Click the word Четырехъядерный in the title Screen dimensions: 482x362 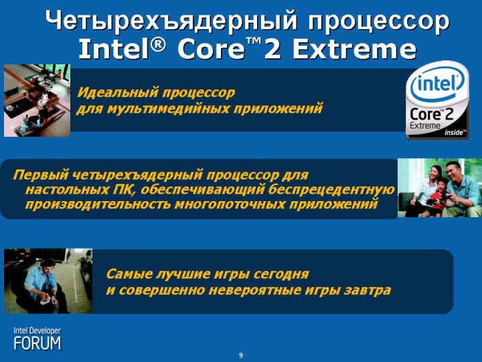click(x=171, y=21)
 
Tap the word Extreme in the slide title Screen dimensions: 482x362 click(x=354, y=49)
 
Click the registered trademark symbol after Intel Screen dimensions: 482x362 click(x=157, y=45)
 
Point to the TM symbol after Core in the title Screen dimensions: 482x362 click(x=254, y=41)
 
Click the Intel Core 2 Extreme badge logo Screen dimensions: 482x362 click(x=437, y=100)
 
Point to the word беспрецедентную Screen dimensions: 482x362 click(x=331, y=190)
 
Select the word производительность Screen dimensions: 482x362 click(x=98, y=204)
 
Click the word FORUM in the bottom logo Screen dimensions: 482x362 click(x=37, y=343)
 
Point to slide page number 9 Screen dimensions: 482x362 click(x=241, y=355)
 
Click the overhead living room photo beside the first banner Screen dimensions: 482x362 click(x=37, y=101)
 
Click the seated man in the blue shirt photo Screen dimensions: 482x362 click(x=48, y=281)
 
